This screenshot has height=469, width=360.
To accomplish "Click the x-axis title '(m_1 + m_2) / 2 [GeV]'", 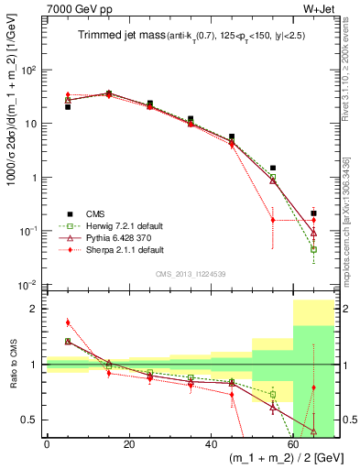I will click(x=275, y=458).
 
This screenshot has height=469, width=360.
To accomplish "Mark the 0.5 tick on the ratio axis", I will click(x=34, y=420).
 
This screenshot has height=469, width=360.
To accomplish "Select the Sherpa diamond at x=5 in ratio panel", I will click(x=68, y=322).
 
